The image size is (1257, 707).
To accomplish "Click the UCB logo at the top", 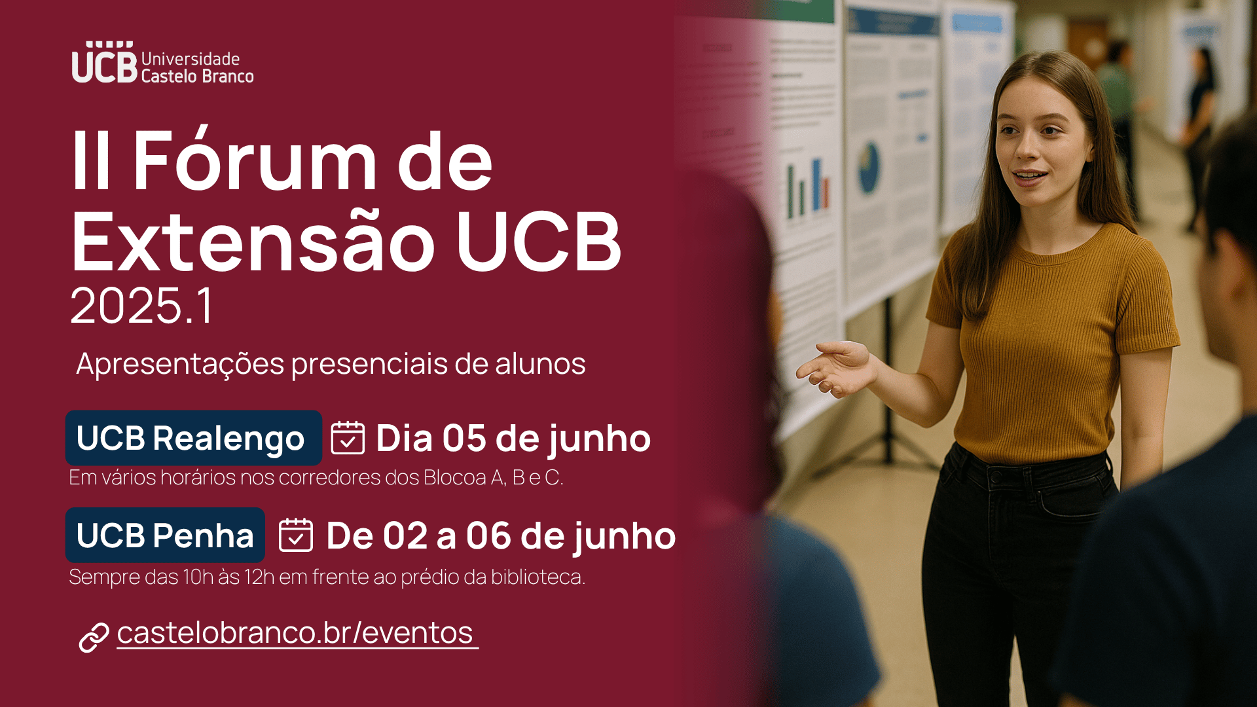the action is point(162,63).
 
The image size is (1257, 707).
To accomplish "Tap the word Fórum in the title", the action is point(255,160).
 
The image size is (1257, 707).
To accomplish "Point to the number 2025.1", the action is point(141,306).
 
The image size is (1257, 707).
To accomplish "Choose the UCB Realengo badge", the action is point(193,438).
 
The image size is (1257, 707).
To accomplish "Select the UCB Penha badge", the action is point(165,535).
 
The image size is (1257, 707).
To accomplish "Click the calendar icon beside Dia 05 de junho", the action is point(348,437).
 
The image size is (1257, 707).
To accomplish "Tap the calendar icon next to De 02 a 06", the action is point(296,535).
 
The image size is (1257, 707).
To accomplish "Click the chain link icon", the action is point(94,638).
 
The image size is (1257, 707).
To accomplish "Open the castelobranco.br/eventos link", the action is point(297,633).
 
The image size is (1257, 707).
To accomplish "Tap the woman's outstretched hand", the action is point(837,368).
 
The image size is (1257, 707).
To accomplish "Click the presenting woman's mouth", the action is point(1029,176).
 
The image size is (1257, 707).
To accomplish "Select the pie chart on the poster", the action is point(869,168).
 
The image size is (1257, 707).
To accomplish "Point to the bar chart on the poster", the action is point(807,188).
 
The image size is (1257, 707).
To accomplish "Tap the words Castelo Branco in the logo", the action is point(197,77).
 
